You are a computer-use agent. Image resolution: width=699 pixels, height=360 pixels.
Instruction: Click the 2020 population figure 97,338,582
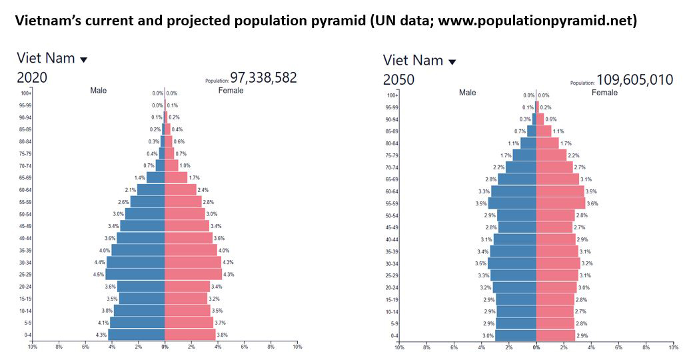pos(263,77)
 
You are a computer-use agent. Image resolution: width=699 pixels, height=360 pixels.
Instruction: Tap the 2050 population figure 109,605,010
pos(634,79)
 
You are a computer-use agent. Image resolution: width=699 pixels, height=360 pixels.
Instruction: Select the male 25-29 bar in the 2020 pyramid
pos(135,274)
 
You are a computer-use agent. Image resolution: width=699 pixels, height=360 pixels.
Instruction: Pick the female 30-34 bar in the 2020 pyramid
pos(193,262)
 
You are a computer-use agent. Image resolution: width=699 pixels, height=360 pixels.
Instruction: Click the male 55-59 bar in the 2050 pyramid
pos(512,203)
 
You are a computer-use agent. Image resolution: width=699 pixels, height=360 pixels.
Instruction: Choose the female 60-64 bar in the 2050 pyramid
pos(560,191)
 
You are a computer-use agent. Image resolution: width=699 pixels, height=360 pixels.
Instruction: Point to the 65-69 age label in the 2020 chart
pos(26,178)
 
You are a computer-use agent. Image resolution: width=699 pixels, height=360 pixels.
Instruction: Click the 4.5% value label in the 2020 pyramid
pos(98,275)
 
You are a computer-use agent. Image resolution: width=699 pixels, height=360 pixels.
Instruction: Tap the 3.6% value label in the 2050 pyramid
pos(592,203)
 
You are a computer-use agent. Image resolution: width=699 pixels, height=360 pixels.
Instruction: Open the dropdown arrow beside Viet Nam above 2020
pos(83,59)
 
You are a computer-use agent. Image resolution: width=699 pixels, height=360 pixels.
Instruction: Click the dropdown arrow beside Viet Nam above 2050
pos(452,62)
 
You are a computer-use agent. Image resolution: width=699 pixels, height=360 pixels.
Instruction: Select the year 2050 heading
pos(398,79)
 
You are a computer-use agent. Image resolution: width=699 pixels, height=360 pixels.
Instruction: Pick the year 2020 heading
pos(32,77)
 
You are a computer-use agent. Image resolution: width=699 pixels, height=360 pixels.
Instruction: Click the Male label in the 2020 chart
pos(98,91)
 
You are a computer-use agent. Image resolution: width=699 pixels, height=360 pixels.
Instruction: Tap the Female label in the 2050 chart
pos(604,93)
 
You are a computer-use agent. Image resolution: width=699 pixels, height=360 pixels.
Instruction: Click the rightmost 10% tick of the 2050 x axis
pos(673,347)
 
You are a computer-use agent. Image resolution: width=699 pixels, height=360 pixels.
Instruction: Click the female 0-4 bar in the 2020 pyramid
pos(190,335)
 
